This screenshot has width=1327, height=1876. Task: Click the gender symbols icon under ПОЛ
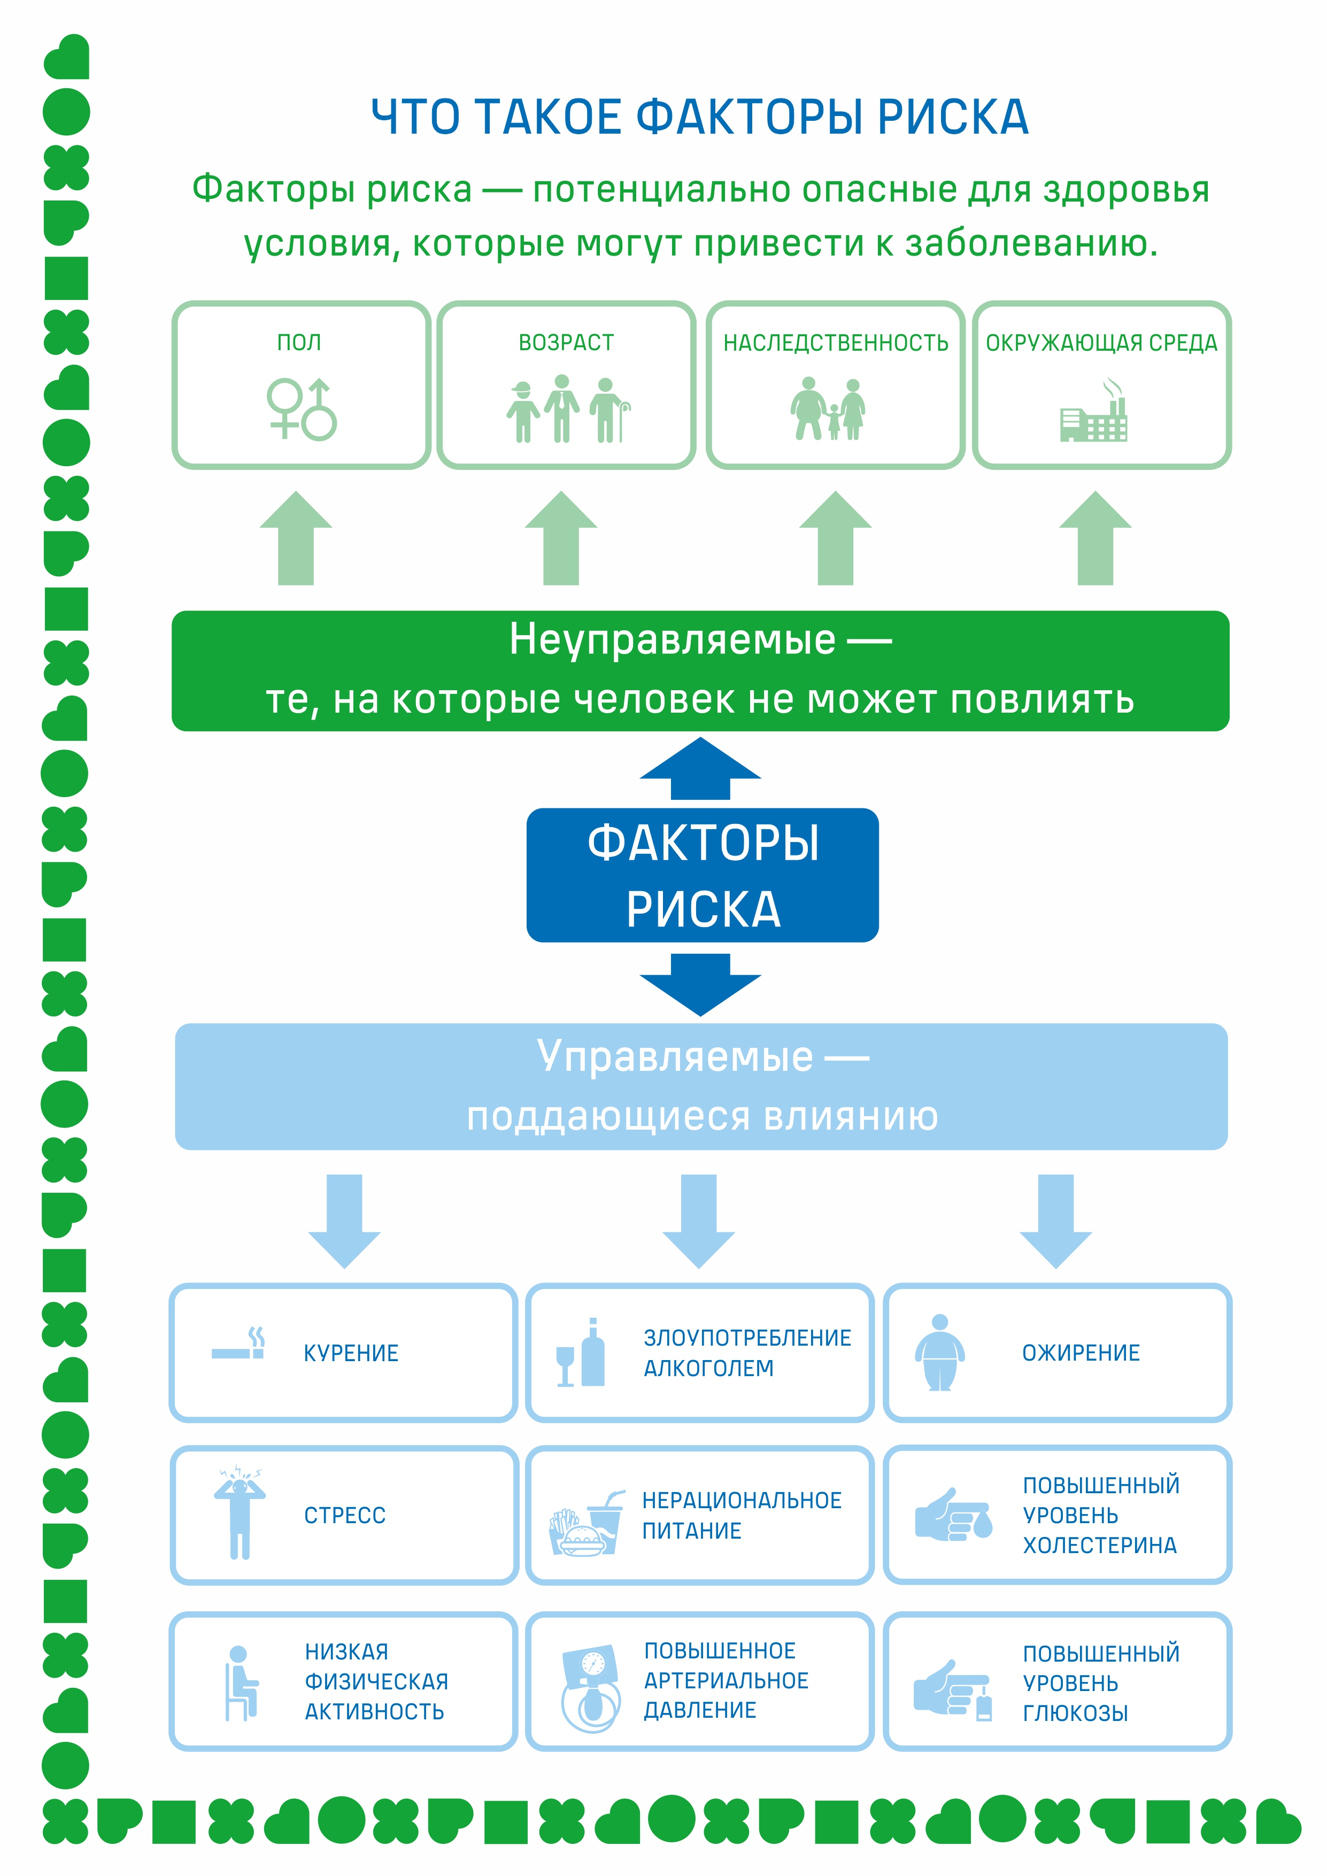[x=302, y=408]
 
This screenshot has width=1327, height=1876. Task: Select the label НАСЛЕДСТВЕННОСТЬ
[x=836, y=343]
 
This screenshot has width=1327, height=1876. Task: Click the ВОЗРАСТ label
[x=566, y=343]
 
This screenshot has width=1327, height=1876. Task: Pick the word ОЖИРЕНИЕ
[x=1081, y=1353]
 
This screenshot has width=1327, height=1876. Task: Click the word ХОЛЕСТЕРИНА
[x=1100, y=1546]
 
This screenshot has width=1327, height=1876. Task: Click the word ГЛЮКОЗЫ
[x=1075, y=1713]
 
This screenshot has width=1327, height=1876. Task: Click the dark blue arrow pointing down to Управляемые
[x=700, y=985]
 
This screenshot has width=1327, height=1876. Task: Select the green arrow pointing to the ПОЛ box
[x=296, y=538]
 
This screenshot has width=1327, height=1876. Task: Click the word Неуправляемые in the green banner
[x=673, y=640]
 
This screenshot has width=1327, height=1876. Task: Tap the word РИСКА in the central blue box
[x=704, y=909]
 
